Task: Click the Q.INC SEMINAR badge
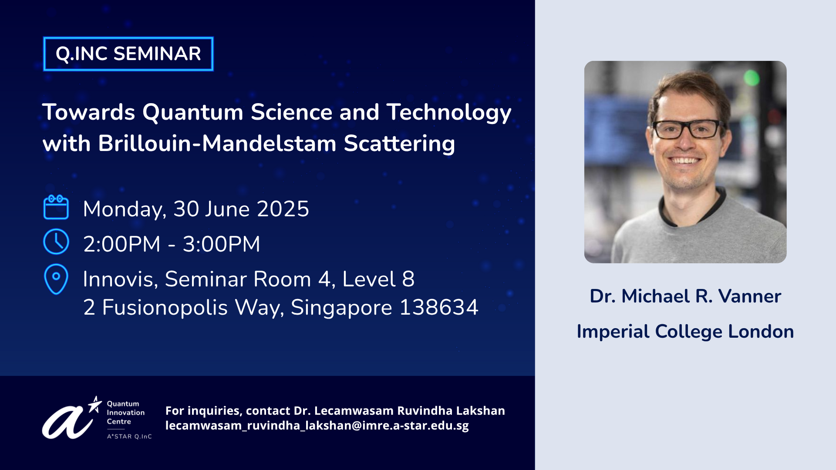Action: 128,54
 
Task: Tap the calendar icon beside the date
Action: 56,207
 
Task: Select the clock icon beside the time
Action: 56,242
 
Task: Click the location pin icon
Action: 56,279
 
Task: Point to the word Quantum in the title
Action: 193,112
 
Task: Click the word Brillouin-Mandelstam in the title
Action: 217,144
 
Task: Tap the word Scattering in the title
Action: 399,144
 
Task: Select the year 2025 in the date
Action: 283,209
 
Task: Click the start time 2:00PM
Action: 122,244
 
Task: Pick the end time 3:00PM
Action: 221,244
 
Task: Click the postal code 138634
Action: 439,308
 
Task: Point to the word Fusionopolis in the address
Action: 165,308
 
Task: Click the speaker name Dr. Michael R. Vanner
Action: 685,296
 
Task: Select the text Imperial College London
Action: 685,332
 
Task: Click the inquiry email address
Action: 317,425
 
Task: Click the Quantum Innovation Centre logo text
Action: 126,413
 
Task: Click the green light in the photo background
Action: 752,78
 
